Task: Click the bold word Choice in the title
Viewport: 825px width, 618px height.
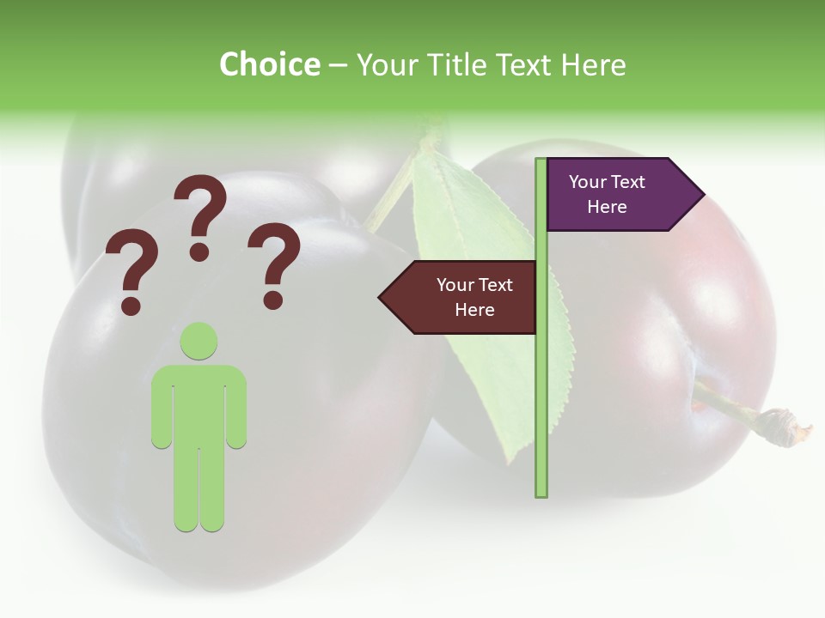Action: pyautogui.click(x=269, y=64)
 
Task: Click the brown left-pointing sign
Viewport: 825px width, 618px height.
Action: pyautogui.click(x=464, y=297)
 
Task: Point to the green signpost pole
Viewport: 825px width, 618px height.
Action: pyautogui.click(x=541, y=386)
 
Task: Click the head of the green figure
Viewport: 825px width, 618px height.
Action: pyautogui.click(x=199, y=342)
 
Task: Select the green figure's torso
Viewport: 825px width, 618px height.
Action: pyautogui.click(x=199, y=403)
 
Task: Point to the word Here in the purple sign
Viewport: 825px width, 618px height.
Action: pyautogui.click(x=607, y=207)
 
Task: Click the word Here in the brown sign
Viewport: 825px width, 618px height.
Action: pyautogui.click(x=474, y=310)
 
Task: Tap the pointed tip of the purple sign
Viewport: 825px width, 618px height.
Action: pyautogui.click(x=702, y=195)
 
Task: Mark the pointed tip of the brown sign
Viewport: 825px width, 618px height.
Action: pyautogui.click(x=382, y=297)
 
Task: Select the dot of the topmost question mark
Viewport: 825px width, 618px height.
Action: pyautogui.click(x=199, y=251)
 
